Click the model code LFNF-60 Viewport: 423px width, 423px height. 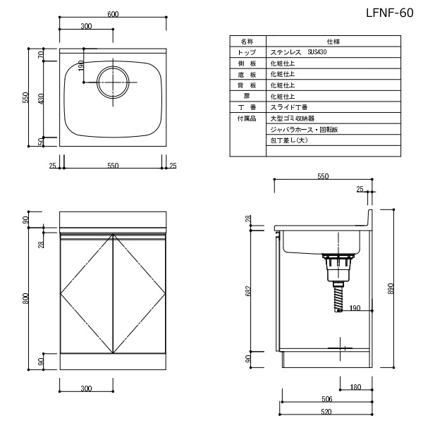pos(390,13)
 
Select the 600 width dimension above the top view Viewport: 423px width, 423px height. pos(113,14)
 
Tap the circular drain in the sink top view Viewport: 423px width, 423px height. pos(113,82)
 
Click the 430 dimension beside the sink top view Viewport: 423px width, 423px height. pos(41,99)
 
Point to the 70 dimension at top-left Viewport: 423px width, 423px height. pos(41,55)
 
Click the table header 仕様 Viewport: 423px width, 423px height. pos(333,42)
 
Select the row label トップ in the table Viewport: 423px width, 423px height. pos(247,52)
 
